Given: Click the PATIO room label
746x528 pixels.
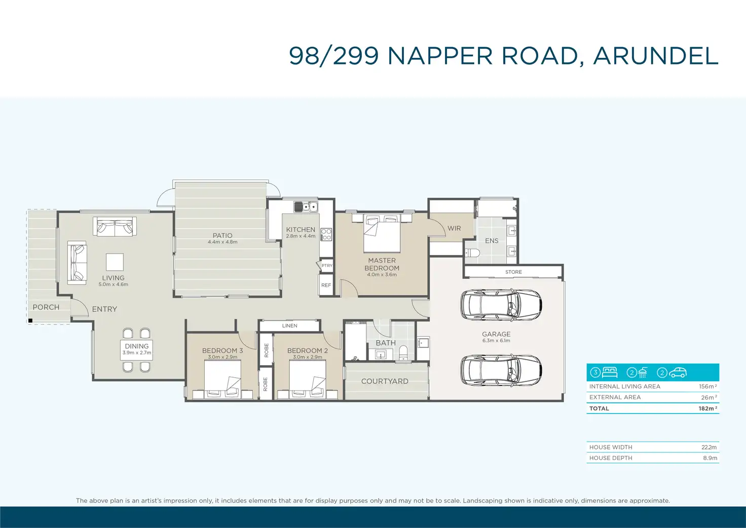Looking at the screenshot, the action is point(222,235).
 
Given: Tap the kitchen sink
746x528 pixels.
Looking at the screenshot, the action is point(306,206).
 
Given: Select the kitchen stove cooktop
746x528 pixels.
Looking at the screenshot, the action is point(326,234).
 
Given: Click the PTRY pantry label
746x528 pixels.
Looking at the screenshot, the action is point(327,266).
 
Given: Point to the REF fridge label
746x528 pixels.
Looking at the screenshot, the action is point(326,286).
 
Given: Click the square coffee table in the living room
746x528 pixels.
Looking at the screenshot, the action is point(115,262).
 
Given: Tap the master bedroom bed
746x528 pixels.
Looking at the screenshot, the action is point(382,233).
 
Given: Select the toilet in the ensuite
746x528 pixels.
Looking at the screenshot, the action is point(472,253).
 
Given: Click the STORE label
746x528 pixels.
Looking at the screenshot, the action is point(513,272).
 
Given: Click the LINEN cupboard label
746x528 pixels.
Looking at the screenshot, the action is point(290,326).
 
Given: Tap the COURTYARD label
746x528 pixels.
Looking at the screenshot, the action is point(385,381).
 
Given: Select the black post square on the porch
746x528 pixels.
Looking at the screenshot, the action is point(30,321).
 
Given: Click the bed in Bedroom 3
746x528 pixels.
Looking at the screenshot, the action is point(222,380).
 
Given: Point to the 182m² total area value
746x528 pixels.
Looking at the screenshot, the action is point(707,408).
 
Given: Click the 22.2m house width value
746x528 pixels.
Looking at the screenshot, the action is point(709,447).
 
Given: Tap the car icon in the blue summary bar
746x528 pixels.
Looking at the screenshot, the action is point(678,372).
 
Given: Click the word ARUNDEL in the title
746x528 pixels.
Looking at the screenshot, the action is point(655,56).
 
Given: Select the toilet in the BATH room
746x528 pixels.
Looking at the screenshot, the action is point(403,353).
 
